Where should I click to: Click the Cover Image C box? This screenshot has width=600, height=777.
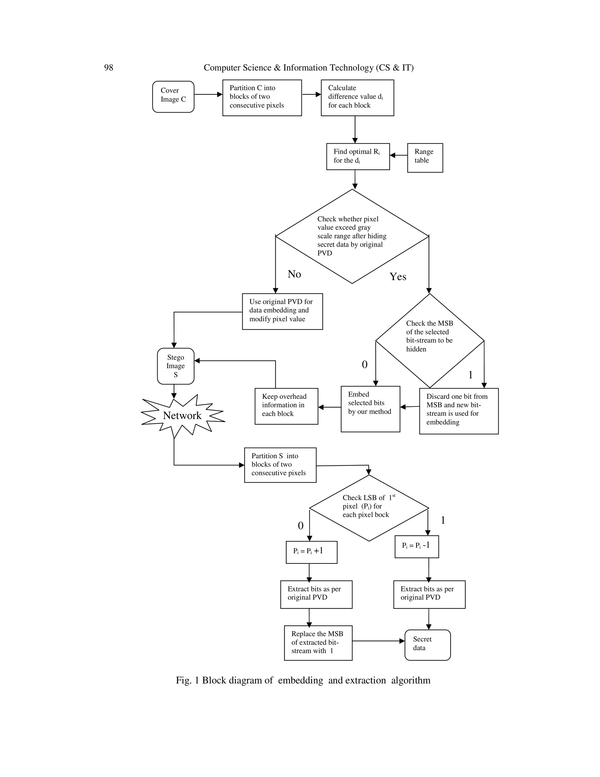pos(173,97)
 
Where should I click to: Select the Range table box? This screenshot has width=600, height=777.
pos(425,158)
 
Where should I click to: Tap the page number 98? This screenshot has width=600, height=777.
pos(108,68)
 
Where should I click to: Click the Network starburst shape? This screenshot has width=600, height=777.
pos(182,415)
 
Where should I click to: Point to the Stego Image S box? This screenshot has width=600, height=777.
pos(175,366)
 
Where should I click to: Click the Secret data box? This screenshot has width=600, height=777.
pos(427,645)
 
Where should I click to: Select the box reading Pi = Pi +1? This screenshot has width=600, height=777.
pos(311,552)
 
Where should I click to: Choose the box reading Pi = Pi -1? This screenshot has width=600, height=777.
pos(417,547)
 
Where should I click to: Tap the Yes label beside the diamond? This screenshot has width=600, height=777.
pos(398,276)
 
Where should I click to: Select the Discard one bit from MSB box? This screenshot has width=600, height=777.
pos(458,410)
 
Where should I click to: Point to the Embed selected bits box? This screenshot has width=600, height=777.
pos(370,409)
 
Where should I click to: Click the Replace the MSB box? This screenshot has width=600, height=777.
pos(318,642)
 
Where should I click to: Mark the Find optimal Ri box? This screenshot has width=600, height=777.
pos(358,157)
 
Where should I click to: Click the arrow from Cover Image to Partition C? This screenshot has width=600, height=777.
pos(208,95)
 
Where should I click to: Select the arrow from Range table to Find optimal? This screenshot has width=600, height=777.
pos(398,155)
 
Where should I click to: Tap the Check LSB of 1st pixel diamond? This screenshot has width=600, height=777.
pos(369,508)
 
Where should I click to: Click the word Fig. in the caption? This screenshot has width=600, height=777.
pos(183,681)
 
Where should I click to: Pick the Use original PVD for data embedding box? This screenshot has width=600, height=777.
pos(282,311)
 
